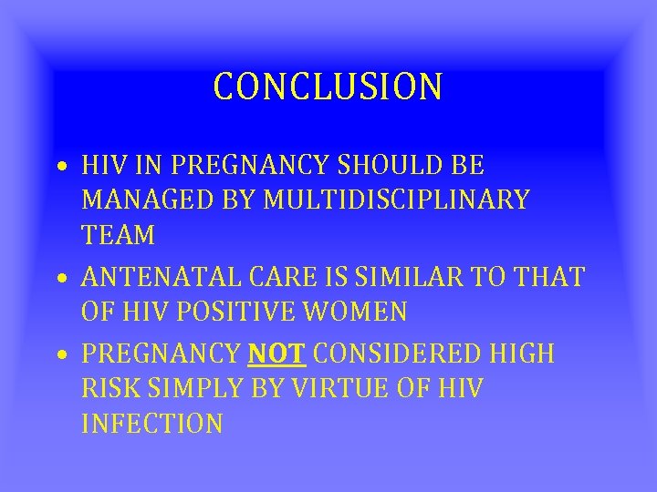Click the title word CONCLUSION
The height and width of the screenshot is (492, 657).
[x=328, y=87]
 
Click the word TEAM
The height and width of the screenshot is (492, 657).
[x=118, y=234]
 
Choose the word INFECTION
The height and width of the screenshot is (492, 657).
[x=151, y=423]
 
